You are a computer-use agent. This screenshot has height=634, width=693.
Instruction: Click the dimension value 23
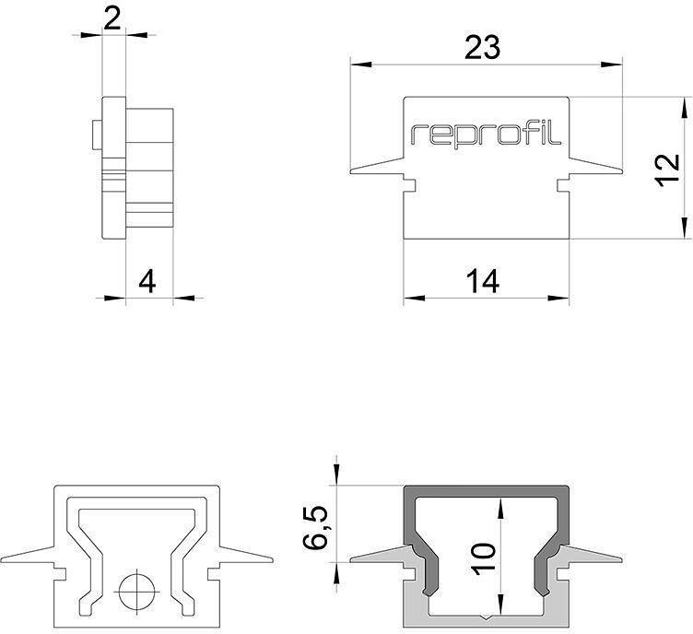pyautogui.click(x=482, y=48)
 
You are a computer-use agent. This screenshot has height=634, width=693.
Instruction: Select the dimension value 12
pyautogui.click(x=666, y=170)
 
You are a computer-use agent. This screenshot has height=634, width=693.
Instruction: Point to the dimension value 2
pyautogui.click(x=112, y=19)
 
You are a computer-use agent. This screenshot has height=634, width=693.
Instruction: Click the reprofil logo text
pyautogui.click(x=486, y=135)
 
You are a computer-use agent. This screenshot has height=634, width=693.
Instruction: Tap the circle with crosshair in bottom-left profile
pyautogui.click(x=136, y=587)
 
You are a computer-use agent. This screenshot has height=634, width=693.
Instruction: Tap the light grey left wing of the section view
pyautogui.click(x=382, y=556)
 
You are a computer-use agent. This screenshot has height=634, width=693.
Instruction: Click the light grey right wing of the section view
pyautogui.click(x=590, y=556)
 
